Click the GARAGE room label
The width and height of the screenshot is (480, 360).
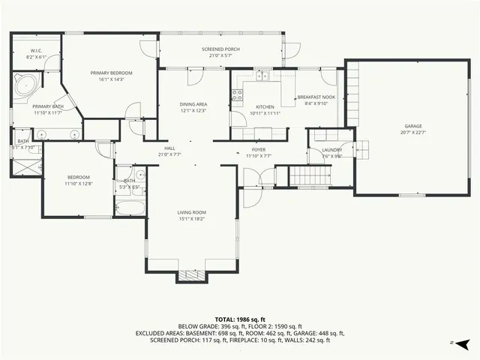[412, 126]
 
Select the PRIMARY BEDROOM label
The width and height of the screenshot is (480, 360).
[111, 73]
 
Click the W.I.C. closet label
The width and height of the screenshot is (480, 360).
[35, 51]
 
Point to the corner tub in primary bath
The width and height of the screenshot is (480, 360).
[26, 85]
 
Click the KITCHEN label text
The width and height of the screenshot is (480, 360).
[265, 107]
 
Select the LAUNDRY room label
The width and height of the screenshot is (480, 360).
[332, 150]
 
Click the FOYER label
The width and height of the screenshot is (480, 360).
[259, 150]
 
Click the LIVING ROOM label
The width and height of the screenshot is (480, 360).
[191, 212]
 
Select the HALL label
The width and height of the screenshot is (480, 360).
[169, 148]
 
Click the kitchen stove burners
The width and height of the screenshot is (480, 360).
[237, 95]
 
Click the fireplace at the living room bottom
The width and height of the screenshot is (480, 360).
[191, 277]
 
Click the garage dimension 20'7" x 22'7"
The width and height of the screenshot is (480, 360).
[412, 132]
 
